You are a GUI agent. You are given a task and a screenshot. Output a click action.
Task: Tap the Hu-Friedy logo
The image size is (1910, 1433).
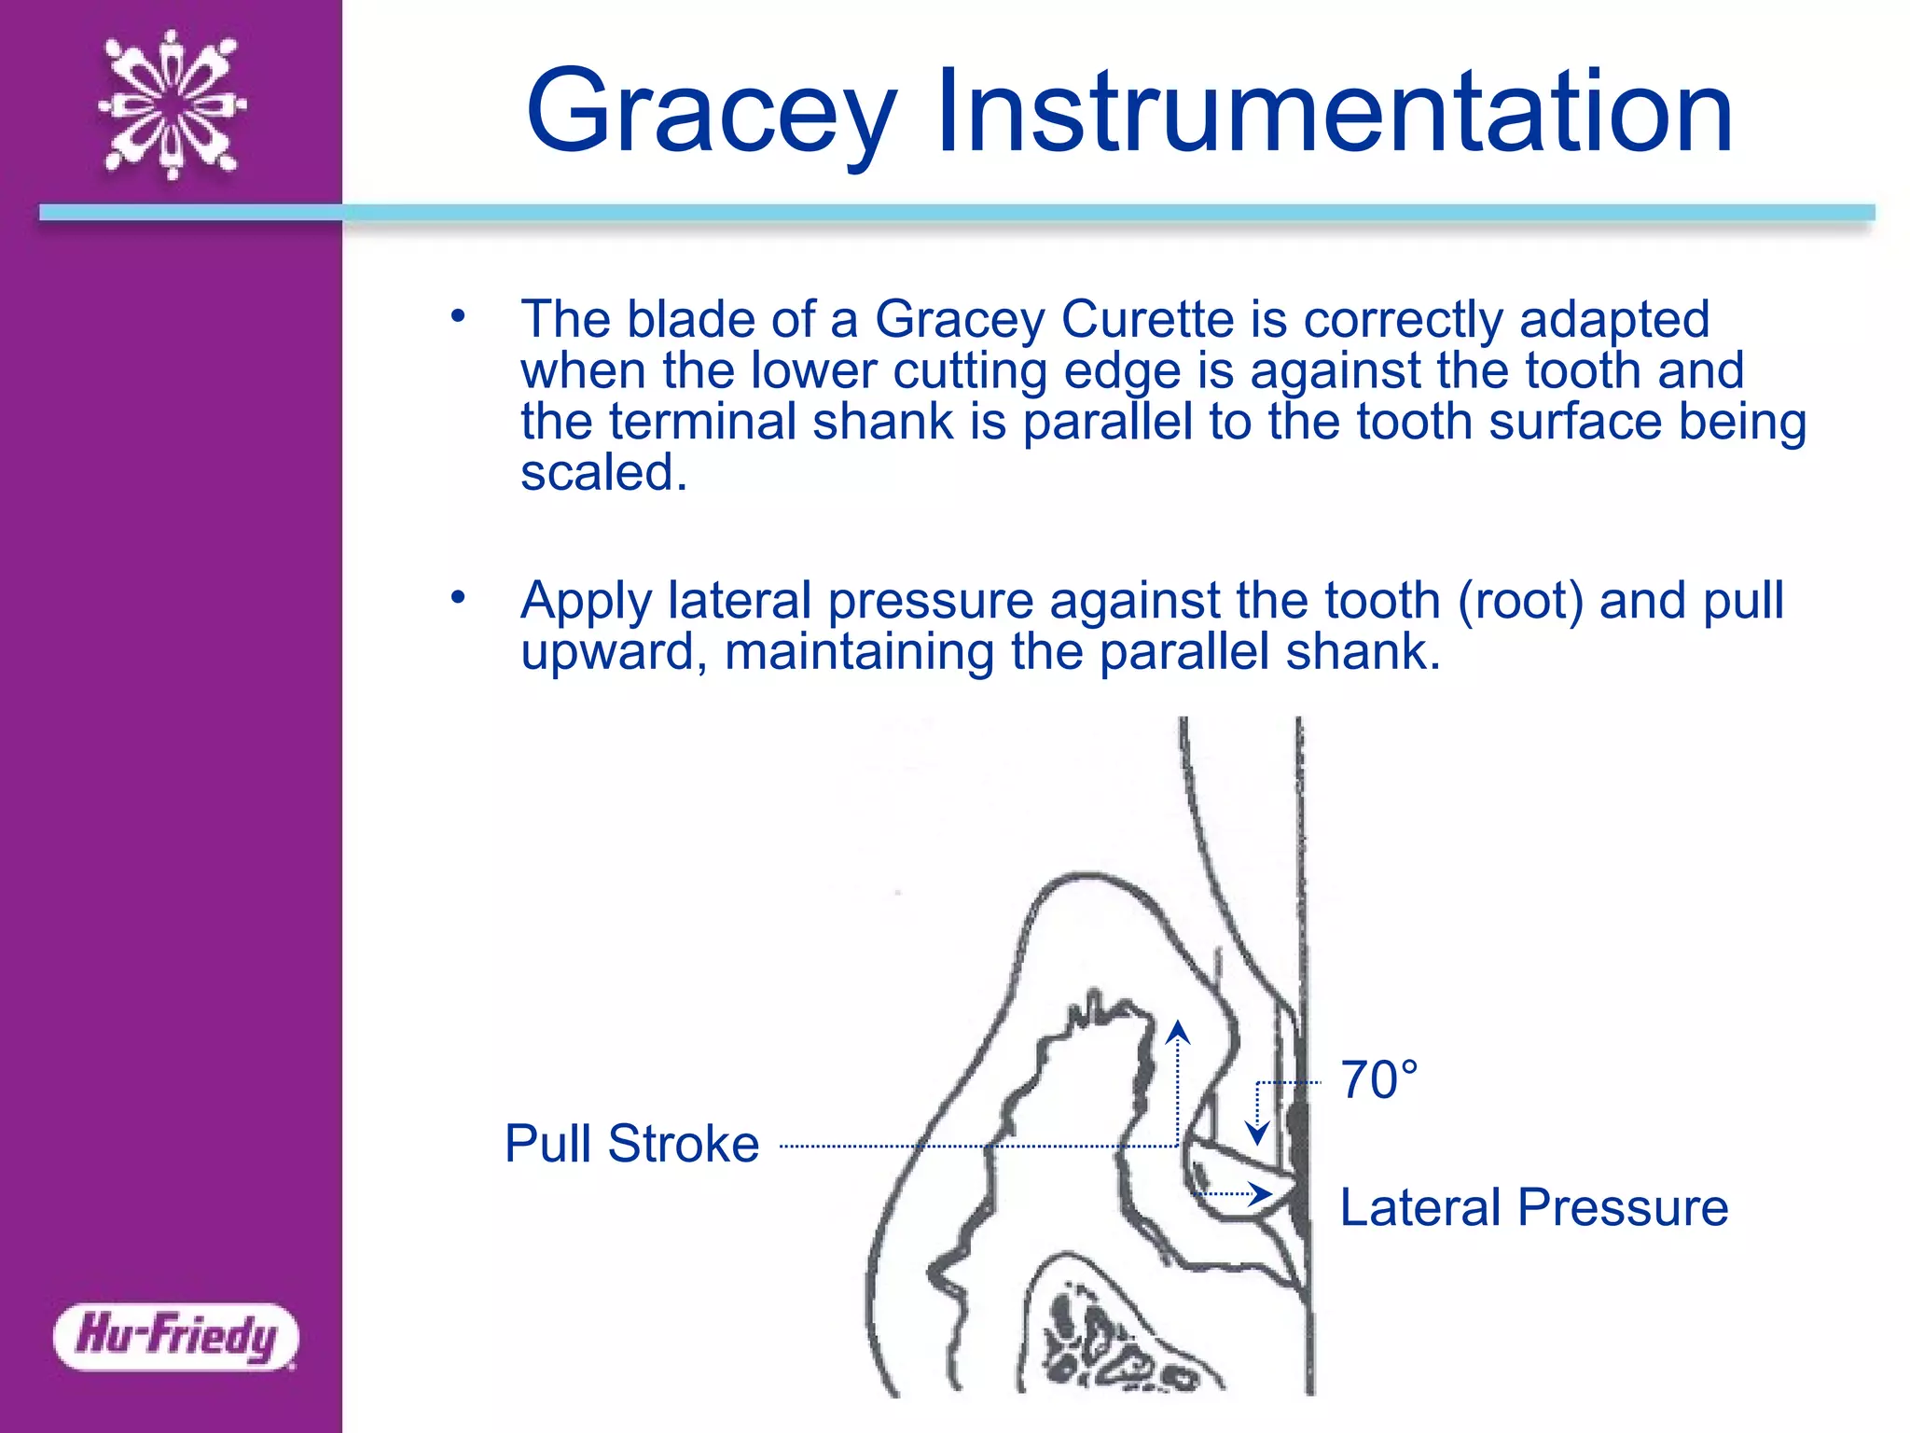point(175,1336)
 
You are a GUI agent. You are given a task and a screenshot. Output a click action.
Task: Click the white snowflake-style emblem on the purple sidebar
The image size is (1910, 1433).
point(173,104)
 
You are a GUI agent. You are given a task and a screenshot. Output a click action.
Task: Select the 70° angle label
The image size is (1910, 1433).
point(1378,1080)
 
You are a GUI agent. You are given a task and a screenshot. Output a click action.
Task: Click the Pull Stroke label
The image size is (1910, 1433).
point(631,1144)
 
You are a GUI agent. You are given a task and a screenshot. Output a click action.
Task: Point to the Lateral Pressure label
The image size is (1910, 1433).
point(1533,1207)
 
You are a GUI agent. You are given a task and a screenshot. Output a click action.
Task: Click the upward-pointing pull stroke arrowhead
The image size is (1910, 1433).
point(1178,1032)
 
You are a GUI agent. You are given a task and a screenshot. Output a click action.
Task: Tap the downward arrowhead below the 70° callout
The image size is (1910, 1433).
point(1257,1134)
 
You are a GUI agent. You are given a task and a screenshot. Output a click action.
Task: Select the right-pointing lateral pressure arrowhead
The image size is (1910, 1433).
point(1261,1194)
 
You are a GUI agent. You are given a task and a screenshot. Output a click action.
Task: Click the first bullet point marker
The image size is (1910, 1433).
point(457,317)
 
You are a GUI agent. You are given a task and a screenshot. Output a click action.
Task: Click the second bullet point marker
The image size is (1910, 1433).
point(457,597)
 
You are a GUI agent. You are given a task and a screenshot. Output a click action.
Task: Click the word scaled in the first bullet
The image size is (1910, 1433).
point(602,472)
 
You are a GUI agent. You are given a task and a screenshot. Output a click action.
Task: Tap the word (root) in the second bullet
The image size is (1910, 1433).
point(1520,600)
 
